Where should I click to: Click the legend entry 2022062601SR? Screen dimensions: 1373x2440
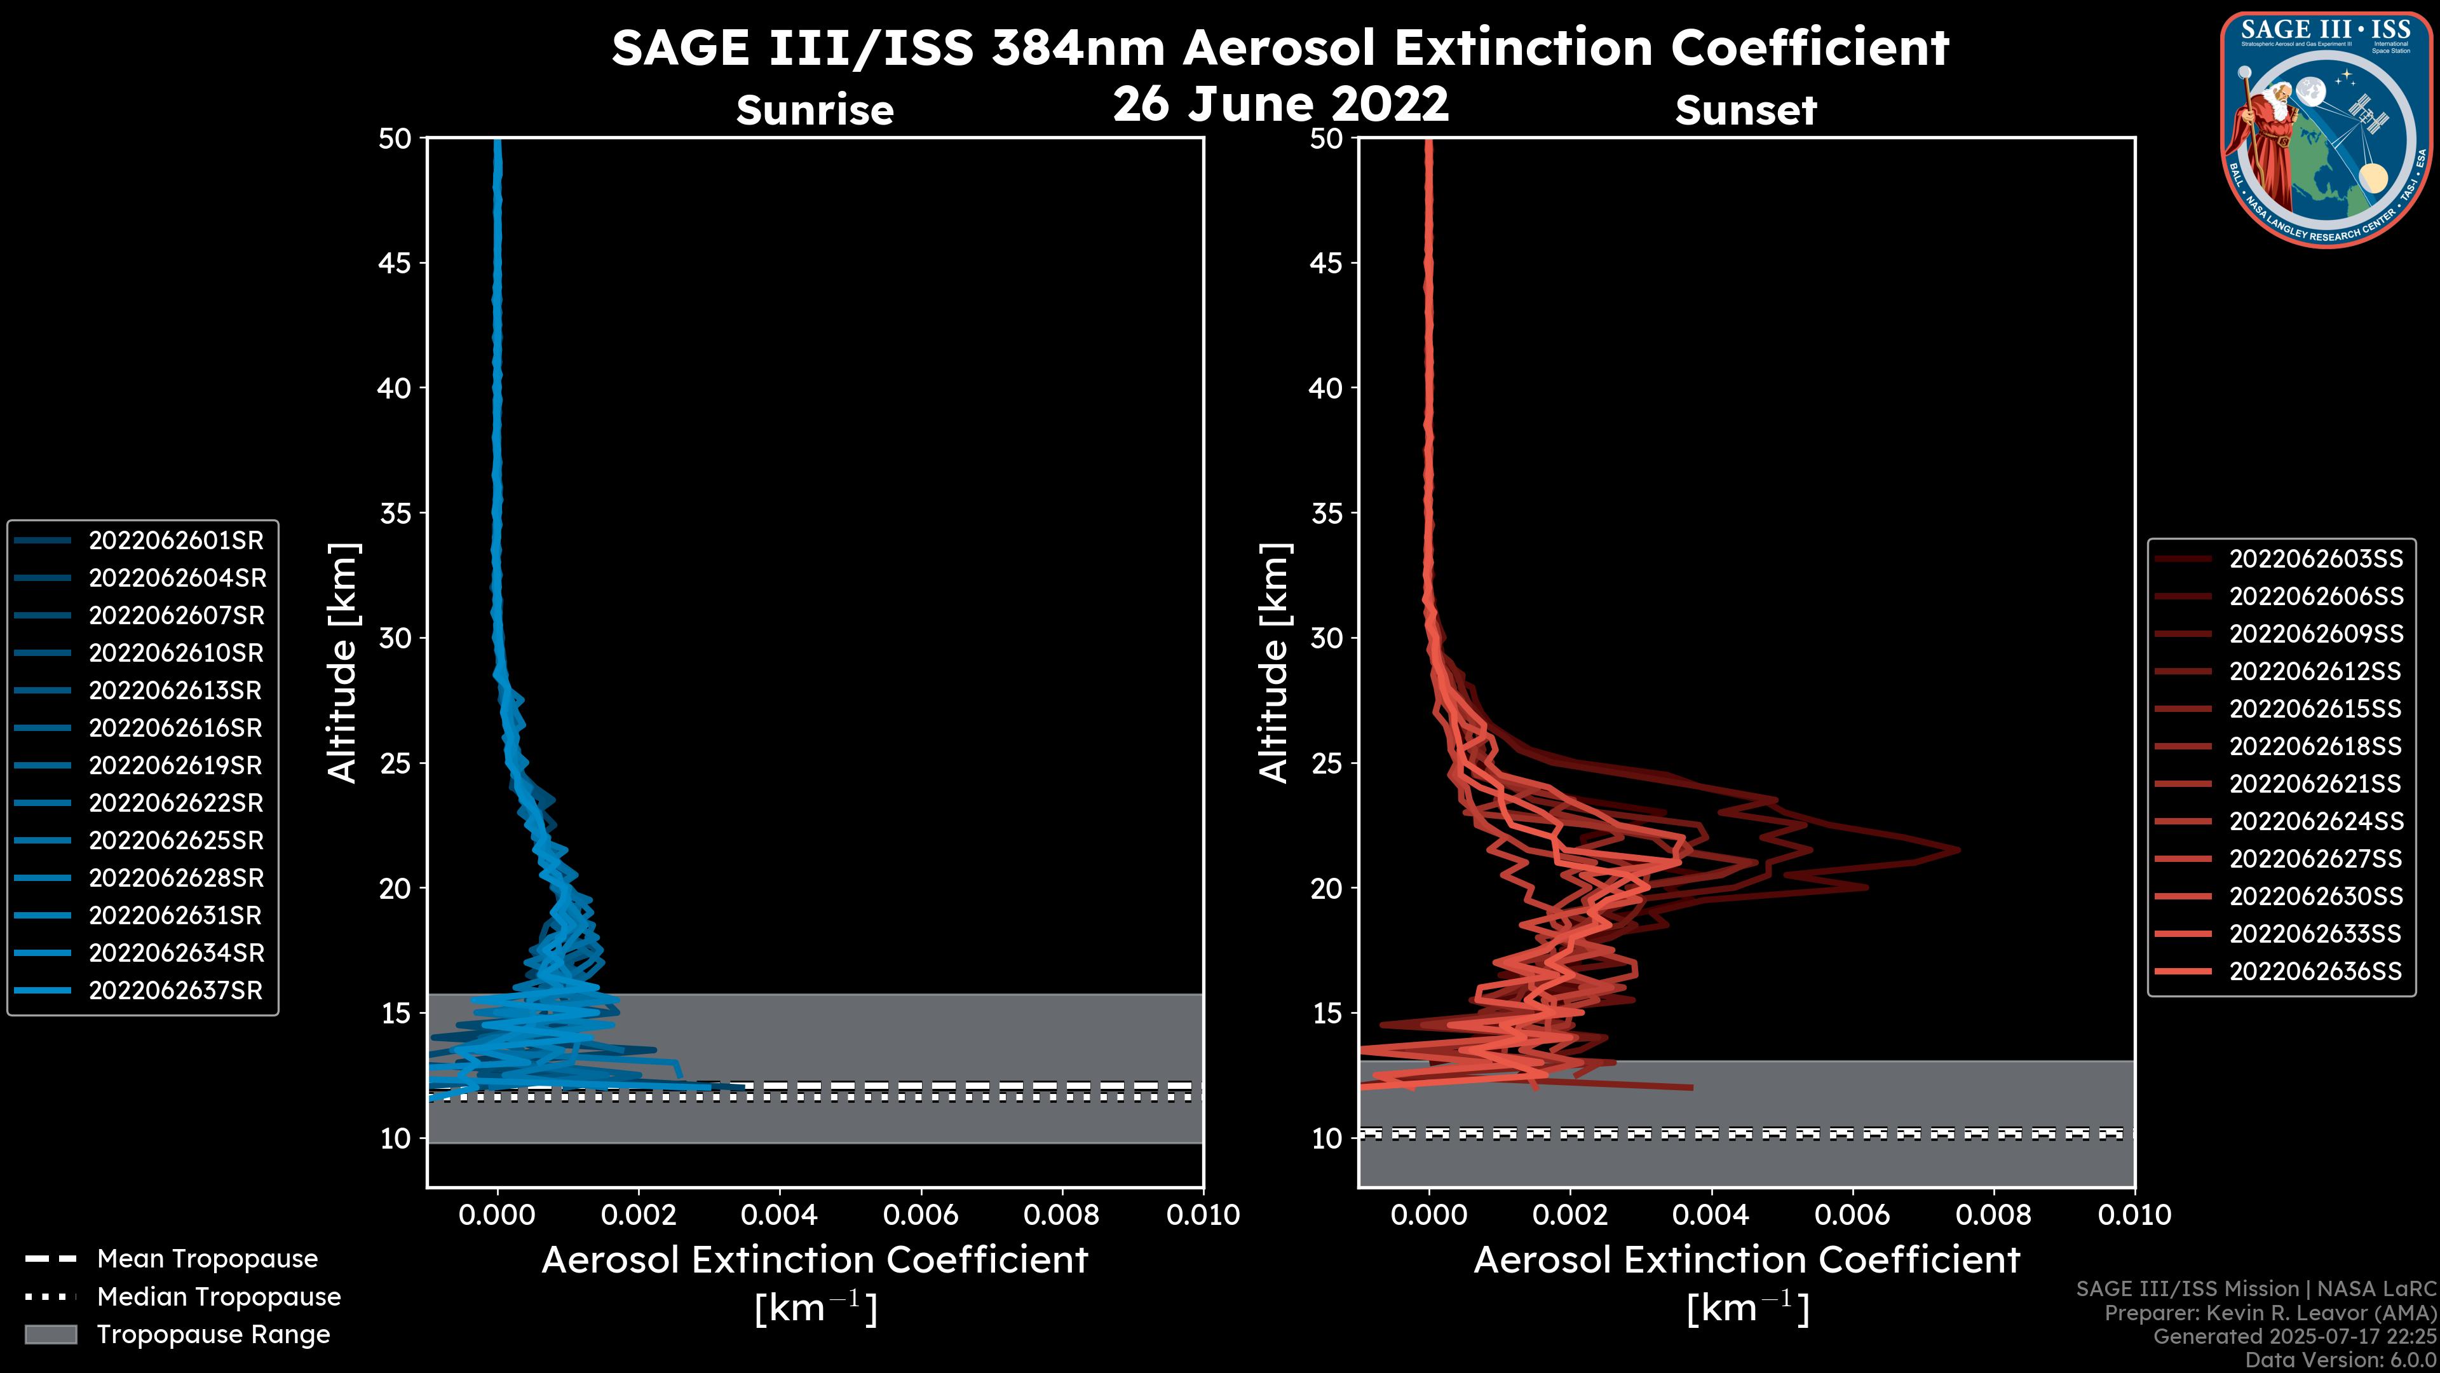click(x=175, y=540)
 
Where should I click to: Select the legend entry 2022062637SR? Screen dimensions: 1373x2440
click(x=175, y=990)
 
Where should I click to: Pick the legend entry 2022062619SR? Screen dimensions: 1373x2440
click(x=175, y=765)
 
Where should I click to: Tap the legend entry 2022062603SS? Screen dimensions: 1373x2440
click(x=2315, y=559)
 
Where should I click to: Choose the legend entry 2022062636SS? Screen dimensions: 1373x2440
click(x=2315, y=971)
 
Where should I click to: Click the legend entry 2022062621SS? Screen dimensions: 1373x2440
click(x=2315, y=784)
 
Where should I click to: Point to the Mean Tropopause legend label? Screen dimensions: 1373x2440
click(x=207, y=1259)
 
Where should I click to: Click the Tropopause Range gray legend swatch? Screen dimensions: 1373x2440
click(x=50, y=1334)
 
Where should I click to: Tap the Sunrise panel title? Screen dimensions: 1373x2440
click(x=815, y=110)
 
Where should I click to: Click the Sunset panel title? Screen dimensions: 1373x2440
click(x=1745, y=110)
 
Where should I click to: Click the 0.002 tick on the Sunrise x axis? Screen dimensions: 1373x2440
click(x=639, y=1215)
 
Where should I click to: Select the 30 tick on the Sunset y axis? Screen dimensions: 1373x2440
click(x=1327, y=638)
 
